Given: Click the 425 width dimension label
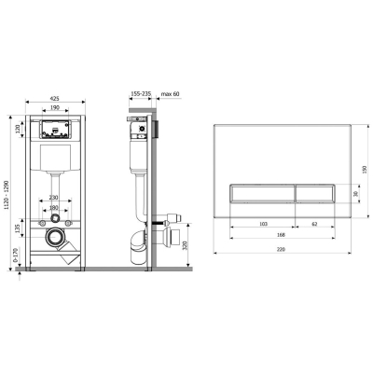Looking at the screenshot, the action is pyautogui.click(x=54, y=99).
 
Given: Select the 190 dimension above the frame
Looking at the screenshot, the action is pyautogui.click(x=55, y=107).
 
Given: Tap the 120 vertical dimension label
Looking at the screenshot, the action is pyautogui.click(x=18, y=129).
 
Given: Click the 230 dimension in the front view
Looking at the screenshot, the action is pyautogui.click(x=54, y=198).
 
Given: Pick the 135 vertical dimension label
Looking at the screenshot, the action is pyautogui.click(x=18, y=228).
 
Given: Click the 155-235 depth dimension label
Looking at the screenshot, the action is pyautogui.click(x=141, y=93).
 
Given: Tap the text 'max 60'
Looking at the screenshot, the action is pyautogui.click(x=171, y=94).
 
